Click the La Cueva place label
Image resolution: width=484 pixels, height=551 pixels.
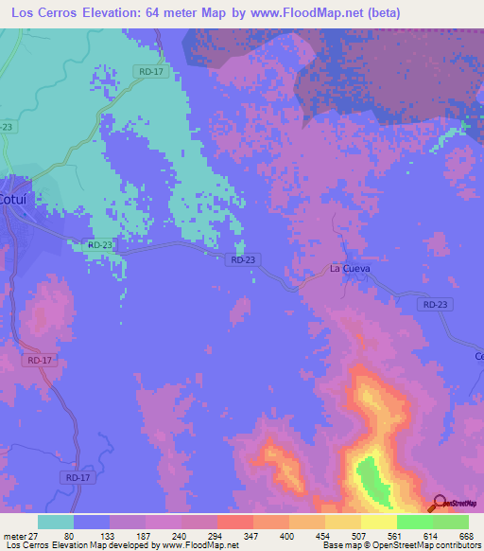click(349, 269)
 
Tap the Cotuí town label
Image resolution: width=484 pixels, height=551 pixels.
click(16, 201)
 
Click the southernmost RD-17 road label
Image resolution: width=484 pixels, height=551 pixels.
click(78, 479)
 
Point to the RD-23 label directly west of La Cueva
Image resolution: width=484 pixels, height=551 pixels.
click(243, 259)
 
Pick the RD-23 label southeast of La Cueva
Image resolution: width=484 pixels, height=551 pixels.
click(434, 304)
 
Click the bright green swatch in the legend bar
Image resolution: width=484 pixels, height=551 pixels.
click(414, 522)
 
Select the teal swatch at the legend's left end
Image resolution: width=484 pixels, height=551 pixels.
click(56, 522)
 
